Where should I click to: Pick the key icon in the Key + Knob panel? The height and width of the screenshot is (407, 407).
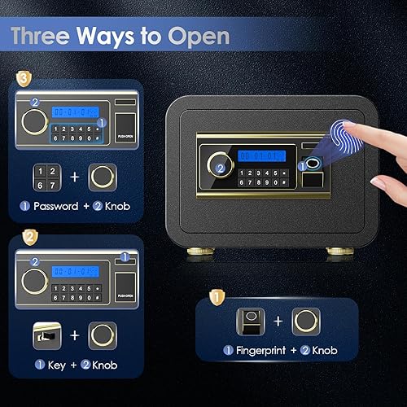(49, 335)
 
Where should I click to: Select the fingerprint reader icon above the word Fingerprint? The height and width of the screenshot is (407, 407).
(248, 320)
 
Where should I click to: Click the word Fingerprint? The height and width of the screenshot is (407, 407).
(259, 352)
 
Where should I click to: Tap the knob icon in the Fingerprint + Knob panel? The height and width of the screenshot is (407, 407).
(306, 320)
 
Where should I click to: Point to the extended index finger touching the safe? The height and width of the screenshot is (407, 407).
(362, 132)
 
